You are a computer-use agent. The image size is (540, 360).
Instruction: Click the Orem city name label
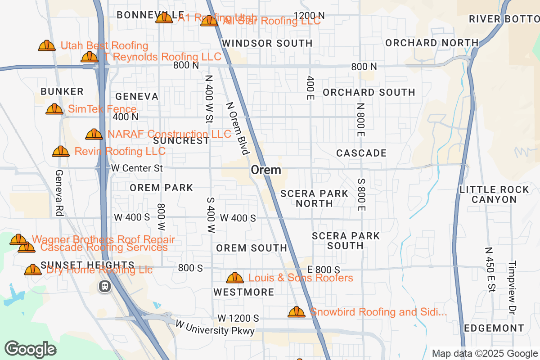tap(266, 170)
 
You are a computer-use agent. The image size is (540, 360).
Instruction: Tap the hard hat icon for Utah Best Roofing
tap(47, 45)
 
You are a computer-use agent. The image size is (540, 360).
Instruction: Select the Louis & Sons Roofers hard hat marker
tap(234, 278)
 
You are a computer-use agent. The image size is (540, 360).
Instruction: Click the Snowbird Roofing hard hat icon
tap(296, 312)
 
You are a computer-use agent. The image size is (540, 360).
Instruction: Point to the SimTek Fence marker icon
tap(54, 109)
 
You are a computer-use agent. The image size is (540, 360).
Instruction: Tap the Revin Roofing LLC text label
tap(120, 151)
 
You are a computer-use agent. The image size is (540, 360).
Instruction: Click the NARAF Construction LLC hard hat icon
tap(94, 134)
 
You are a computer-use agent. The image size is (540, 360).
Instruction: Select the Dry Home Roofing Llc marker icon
tap(33, 270)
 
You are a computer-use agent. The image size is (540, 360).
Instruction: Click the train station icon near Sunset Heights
tap(105, 286)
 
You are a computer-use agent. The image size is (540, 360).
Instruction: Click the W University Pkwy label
tap(215, 328)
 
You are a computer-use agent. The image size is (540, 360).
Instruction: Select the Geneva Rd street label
tap(58, 193)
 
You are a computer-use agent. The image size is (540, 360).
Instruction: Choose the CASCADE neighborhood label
tap(361, 153)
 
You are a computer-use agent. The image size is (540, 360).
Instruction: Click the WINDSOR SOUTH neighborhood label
tap(267, 43)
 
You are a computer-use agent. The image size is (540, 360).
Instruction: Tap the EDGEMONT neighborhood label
tap(494, 328)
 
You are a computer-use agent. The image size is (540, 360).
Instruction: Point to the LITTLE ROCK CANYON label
tap(494, 194)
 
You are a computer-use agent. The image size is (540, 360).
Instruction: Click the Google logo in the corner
tap(31, 349)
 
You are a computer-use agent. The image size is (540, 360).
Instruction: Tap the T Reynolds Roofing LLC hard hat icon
tap(89, 57)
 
